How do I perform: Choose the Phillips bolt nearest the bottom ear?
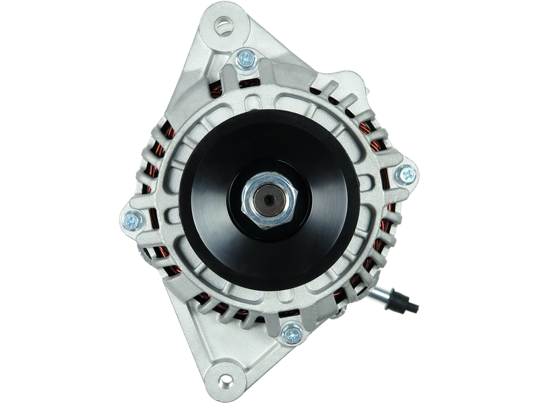[x=292, y=332]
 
